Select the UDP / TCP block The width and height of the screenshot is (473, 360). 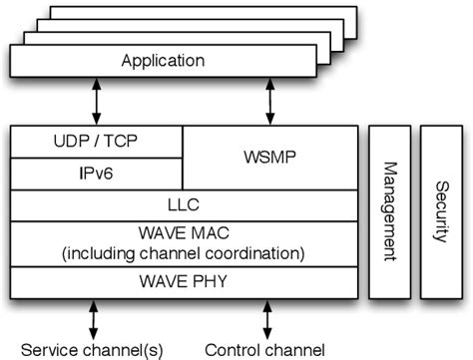pyautogui.click(x=96, y=142)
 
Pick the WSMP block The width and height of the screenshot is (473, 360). pyautogui.click(x=270, y=157)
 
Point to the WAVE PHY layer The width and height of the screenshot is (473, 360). pyautogui.click(x=184, y=282)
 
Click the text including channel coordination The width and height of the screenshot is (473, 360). pyautogui.click(x=184, y=253)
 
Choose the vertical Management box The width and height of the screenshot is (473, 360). pyautogui.click(x=390, y=211)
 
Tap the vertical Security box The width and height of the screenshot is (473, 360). pyautogui.click(x=440, y=211)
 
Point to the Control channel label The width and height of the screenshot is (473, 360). pyautogui.click(x=264, y=349)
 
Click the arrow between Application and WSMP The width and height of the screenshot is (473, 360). pyautogui.click(x=269, y=102)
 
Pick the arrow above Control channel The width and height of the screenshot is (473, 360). pyautogui.click(x=266, y=319)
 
